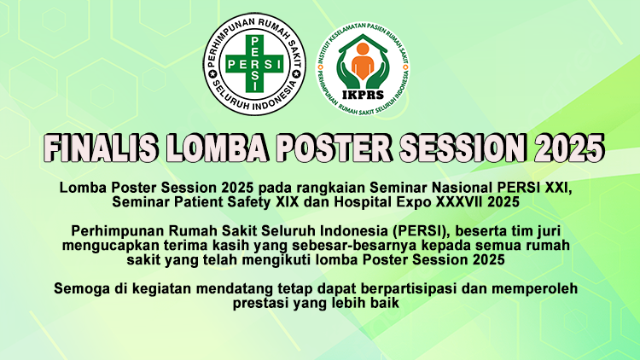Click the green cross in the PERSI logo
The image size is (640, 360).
(254, 64)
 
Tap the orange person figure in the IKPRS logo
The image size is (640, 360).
(363, 61)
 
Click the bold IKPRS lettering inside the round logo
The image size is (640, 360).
(363, 95)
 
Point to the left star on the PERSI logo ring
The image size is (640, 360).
(212, 74)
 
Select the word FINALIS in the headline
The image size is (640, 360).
(101, 148)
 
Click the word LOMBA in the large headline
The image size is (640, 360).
(217, 148)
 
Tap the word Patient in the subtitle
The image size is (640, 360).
(198, 201)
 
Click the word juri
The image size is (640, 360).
(551, 231)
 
